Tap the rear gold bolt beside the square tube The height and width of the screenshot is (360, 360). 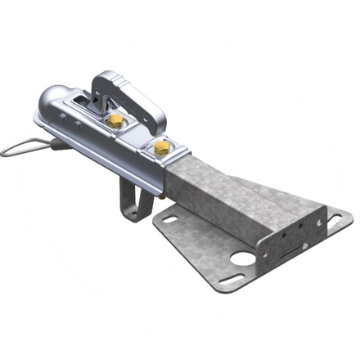click(163, 148)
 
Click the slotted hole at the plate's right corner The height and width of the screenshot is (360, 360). click(336, 218)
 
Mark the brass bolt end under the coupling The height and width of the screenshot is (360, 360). click(163, 197)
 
